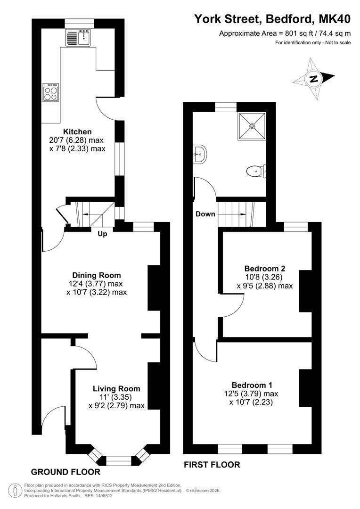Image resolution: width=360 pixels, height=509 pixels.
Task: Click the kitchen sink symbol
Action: click(x=79, y=38)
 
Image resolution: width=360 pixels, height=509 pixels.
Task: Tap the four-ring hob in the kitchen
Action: click(x=51, y=92)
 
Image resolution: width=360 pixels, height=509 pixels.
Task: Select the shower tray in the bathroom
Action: click(x=252, y=126)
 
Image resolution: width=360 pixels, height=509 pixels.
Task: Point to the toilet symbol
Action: click(x=256, y=171)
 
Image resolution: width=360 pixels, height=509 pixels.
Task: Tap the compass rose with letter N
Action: click(x=313, y=79)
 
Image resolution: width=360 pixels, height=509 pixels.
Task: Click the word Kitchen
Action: click(x=77, y=131)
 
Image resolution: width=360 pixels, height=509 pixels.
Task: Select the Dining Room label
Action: click(x=97, y=275)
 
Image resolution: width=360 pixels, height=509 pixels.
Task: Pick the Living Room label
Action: click(x=116, y=388)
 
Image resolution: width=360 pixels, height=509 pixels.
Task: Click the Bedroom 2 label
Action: click(x=265, y=269)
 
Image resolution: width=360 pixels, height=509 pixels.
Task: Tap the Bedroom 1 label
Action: click(x=252, y=385)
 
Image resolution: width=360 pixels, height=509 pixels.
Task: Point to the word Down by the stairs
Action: click(x=205, y=214)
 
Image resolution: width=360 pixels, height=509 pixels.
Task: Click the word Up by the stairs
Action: click(x=102, y=234)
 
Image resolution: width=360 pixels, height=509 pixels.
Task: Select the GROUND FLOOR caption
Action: click(x=65, y=472)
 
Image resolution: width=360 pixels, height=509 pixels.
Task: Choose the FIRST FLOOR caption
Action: click(x=212, y=465)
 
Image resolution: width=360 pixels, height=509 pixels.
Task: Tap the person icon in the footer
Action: click(x=13, y=490)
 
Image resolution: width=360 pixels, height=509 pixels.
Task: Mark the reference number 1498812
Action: click(x=103, y=496)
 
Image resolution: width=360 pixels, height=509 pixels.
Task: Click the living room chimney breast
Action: click(x=154, y=386)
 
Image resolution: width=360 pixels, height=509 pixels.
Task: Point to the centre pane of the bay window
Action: click(x=119, y=460)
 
